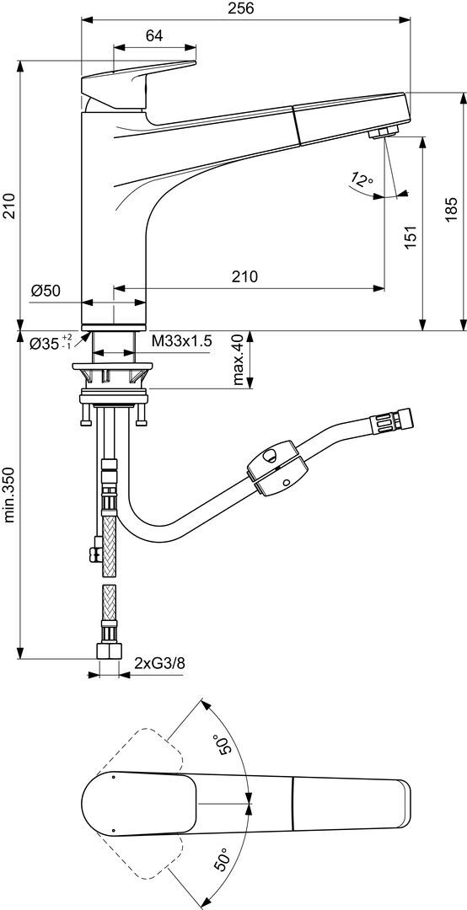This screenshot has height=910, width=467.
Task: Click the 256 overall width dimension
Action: point(245,8)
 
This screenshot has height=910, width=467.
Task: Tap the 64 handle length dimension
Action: point(154,35)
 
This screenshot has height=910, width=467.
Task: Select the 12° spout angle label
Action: point(362,179)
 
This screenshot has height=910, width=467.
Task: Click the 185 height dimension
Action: point(453,209)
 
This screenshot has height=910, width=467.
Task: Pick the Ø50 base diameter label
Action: point(46,291)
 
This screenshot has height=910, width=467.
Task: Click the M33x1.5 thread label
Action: point(181,341)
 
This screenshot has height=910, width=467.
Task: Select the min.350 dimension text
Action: point(10,493)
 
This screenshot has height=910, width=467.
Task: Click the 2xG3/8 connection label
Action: point(159,663)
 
